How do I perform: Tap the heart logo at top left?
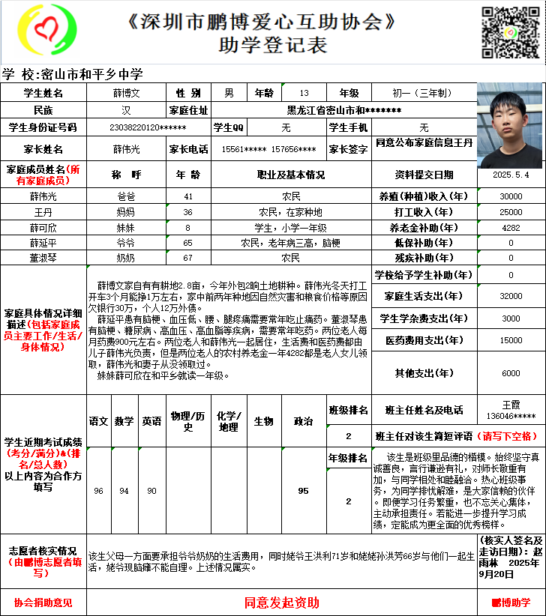pos(46,33)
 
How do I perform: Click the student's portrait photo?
pos(509,125)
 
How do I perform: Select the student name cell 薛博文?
pos(127,94)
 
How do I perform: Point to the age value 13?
pos(303,94)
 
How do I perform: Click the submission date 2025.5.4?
pos(511,175)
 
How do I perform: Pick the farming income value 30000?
pos(511,196)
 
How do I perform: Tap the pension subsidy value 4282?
pos(511,227)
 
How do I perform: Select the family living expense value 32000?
pos(511,296)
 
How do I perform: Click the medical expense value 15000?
pos(511,340)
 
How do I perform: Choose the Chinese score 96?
pos(99,491)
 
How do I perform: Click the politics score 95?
pos(303,491)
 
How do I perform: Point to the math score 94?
pos(124,491)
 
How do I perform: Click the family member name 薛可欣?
pos(43,227)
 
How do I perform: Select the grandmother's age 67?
pos(188,258)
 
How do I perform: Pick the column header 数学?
pos(124,422)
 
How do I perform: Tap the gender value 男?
pos(229,94)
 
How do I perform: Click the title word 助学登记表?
pos(273,46)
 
